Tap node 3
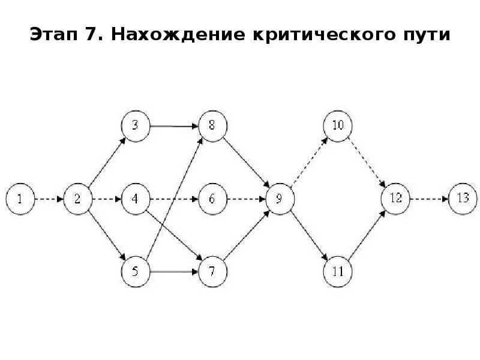pos(135,126)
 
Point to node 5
pos(135,272)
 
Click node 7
pos(212,272)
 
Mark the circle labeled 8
pos(212,126)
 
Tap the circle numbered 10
pos(338,126)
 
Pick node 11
pos(338,272)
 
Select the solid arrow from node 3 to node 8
pos(173,126)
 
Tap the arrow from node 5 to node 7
pos(173,272)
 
